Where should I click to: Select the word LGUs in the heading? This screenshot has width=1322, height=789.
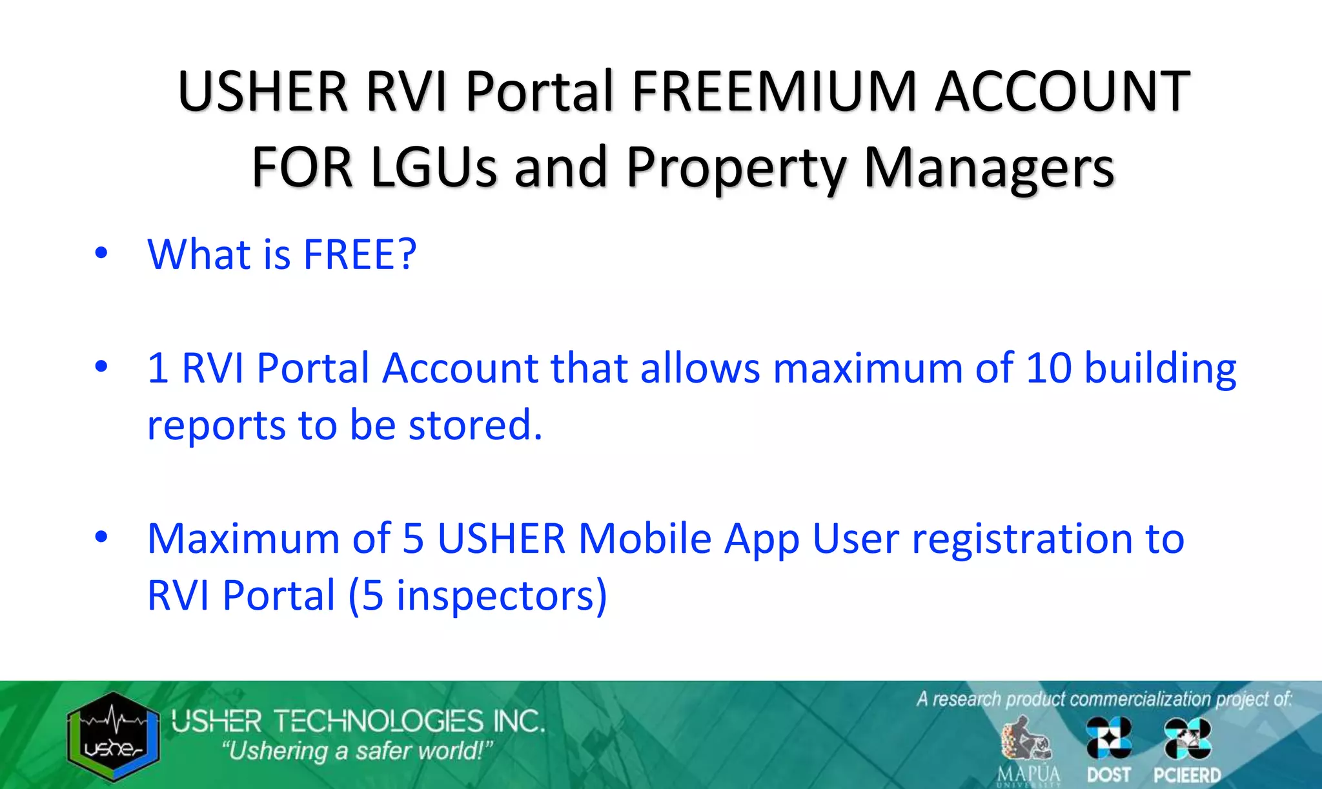pyautogui.click(x=433, y=167)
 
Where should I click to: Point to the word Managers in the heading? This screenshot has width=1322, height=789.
pyautogui.click(x=989, y=167)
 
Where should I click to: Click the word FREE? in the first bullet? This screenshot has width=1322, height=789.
pyautogui.click(x=360, y=254)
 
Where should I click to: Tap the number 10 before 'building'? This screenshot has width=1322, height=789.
pyautogui.click(x=1048, y=368)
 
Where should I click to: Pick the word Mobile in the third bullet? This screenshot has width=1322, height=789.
pyautogui.click(x=645, y=538)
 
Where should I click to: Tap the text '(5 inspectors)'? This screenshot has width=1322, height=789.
pyautogui.click(x=478, y=595)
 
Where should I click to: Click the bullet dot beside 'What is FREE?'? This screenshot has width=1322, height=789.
pyautogui.click(x=101, y=253)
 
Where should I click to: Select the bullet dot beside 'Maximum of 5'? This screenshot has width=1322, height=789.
pyautogui.click(x=101, y=537)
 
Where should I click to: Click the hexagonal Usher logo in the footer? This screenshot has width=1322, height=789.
pyautogui.click(x=113, y=737)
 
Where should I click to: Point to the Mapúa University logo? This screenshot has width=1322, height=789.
pyautogui.click(x=1028, y=750)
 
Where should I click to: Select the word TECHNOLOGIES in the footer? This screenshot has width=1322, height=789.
pyautogui.click(x=378, y=721)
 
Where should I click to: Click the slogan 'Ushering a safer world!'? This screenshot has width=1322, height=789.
pyautogui.click(x=357, y=752)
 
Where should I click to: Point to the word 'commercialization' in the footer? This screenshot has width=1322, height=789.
pyautogui.click(x=1140, y=699)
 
